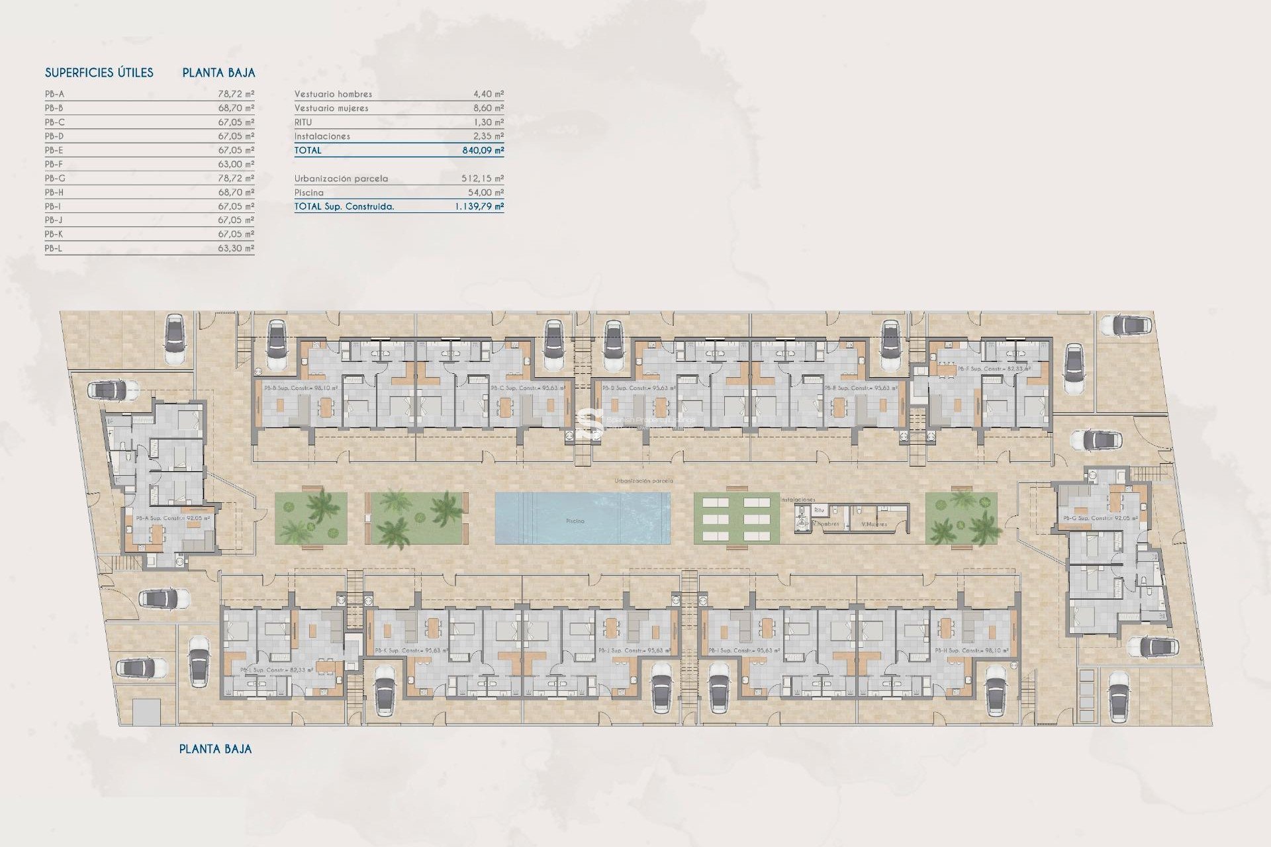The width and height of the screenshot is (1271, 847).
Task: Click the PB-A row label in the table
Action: coord(55,94)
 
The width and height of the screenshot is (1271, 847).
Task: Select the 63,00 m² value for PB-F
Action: coord(236,164)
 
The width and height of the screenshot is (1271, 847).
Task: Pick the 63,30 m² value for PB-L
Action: coord(236,248)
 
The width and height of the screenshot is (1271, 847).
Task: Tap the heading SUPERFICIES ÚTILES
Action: coord(99,73)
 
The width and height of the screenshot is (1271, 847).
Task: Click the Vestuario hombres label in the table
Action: coord(333,94)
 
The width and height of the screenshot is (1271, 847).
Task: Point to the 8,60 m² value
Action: coord(488,108)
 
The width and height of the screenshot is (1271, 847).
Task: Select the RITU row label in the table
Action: coord(303,122)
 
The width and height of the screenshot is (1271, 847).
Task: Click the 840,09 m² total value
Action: coord(483,150)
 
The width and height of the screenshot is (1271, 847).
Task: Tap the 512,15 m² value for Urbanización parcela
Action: coord(482,179)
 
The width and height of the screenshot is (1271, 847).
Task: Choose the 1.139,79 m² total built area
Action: coord(479,206)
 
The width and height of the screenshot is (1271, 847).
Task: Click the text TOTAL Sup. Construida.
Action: coord(344,206)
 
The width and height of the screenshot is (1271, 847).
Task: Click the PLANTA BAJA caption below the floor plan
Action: coord(215,749)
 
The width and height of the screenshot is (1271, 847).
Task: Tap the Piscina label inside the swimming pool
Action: coord(575,521)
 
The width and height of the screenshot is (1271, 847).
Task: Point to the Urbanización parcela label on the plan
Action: coord(643,481)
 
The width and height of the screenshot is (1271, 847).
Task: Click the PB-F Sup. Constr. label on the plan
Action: coord(994,369)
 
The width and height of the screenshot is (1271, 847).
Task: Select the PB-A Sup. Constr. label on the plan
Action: coord(173,518)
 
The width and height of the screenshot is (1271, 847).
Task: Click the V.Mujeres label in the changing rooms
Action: coord(874,524)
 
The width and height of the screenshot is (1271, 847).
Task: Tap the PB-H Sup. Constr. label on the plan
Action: coord(972,650)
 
